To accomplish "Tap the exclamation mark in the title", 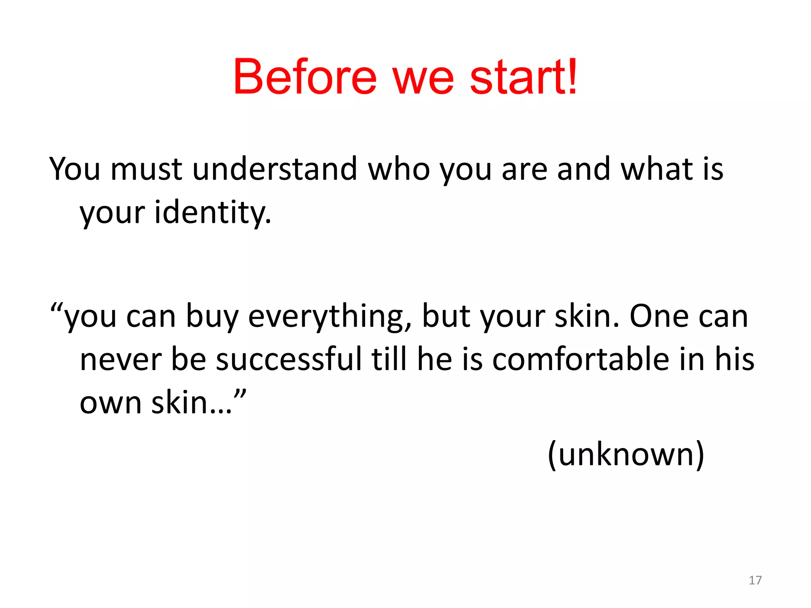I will [x=571, y=76].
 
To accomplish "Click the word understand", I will [x=275, y=169].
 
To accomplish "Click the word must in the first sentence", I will [x=146, y=170].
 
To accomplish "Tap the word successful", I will [x=289, y=359].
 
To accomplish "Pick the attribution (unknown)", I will [x=626, y=454].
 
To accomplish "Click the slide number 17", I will [x=755, y=580].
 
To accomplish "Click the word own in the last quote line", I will [x=110, y=404].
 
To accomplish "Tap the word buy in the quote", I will [x=212, y=317].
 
